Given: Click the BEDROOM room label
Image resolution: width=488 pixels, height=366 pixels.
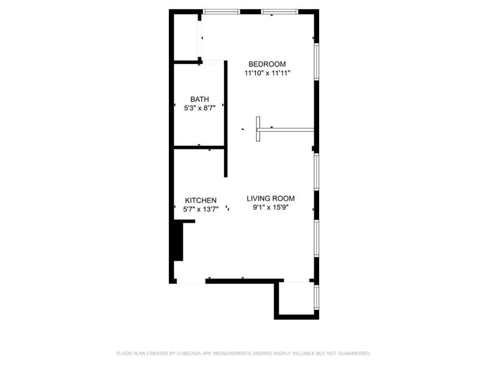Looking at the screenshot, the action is tap(267, 64).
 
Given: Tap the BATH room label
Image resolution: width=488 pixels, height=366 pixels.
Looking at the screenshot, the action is tap(199, 99).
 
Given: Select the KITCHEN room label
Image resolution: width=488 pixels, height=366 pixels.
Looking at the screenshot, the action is tap(201, 201).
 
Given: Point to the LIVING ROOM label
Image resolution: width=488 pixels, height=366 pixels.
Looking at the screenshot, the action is tap(270, 199).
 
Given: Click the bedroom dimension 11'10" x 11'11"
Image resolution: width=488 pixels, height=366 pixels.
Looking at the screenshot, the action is tap(267, 73).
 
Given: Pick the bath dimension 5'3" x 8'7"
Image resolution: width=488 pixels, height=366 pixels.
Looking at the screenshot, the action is tap(200, 109).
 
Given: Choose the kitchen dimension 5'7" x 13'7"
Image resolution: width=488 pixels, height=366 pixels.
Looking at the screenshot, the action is tap(201, 209).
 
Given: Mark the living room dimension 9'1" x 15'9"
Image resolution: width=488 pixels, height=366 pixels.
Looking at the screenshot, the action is tap(271, 207).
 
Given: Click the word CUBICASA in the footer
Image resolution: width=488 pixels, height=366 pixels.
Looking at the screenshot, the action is tap(188, 353).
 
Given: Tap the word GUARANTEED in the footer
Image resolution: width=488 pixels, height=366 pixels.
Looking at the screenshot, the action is tap(354, 353).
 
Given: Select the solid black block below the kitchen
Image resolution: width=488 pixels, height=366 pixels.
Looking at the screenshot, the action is tap(178, 240).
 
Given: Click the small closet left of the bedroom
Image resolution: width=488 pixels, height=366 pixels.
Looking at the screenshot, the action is tap(186, 37).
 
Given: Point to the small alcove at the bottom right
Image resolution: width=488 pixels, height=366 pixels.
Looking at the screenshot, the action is tap(296, 298).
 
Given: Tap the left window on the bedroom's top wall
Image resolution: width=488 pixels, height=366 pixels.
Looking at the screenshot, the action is tap(221, 12).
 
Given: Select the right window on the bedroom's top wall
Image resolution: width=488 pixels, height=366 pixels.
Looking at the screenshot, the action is tap(280, 12).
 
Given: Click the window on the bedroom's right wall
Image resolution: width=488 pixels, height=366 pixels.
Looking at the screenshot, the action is tap(317, 62).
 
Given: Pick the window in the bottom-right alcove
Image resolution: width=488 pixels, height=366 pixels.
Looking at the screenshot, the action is tap(317, 297).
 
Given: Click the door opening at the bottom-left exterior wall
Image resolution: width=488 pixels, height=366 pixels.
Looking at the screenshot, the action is tap(191, 281).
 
